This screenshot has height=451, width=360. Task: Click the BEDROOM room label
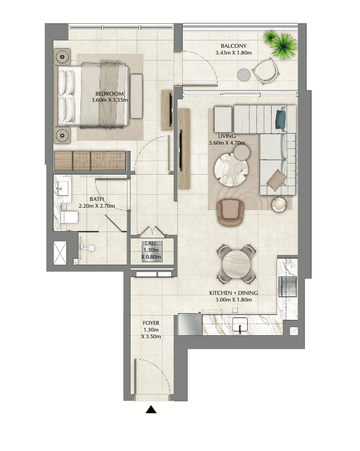coord(110,94)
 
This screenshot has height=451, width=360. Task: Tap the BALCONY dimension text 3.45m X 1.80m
coord(234,53)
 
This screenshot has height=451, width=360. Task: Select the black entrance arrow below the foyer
coord(151,409)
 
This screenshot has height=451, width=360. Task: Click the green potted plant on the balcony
coord(281,44)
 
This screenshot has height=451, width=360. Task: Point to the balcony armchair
coord(266,70)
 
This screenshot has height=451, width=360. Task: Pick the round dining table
coord(237,264)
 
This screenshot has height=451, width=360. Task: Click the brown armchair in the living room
coord(230,213)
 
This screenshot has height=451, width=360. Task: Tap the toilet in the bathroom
coord(69,217)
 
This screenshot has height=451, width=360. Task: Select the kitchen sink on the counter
coord(240,325)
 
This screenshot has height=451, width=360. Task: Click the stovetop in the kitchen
coord(288,287)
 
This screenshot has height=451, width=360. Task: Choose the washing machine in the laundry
coord(152,252)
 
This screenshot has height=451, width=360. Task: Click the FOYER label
coord(151,323)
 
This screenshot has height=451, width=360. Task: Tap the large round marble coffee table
coord(231,170)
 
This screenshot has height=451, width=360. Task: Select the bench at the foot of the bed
coord(136,96)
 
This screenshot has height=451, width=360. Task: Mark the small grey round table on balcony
coord(244,75)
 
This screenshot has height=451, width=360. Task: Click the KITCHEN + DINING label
coord(234,293)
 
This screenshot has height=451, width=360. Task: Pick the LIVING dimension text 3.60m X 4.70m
coord(227,142)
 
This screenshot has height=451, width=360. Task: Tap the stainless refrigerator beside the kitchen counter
coord(190,324)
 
